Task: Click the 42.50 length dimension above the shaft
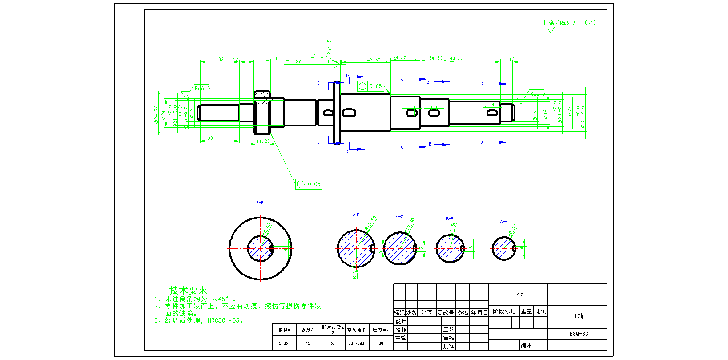pyautogui.click(x=374, y=60)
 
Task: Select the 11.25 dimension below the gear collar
pyautogui.click(x=263, y=141)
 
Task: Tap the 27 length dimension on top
pyautogui.click(x=298, y=61)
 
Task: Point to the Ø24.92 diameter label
pyautogui.click(x=156, y=114)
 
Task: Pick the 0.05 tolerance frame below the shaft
pyautogui.click(x=309, y=184)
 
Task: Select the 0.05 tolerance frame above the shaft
pyautogui.click(x=370, y=86)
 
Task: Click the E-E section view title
pyautogui.click(x=260, y=203)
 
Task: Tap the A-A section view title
pyautogui.click(x=503, y=221)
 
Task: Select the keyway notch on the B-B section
pyautogui.click(x=463, y=249)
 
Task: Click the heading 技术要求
pyautogui.click(x=188, y=290)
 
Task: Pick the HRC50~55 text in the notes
pyautogui.click(x=225, y=320)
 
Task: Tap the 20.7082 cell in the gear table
pyautogui.click(x=356, y=343)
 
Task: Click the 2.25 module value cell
pyautogui.click(x=284, y=343)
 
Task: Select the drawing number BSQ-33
pyautogui.click(x=579, y=333)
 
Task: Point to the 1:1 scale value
pyautogui.click(x=540, y=324)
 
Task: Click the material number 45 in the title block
pyautogui.click(x=520, y=294)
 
